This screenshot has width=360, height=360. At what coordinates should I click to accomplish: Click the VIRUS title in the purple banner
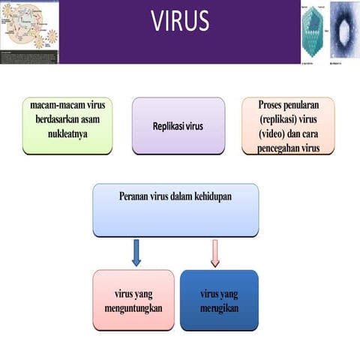(179, 21)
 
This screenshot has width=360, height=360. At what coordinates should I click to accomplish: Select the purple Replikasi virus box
(178, 125)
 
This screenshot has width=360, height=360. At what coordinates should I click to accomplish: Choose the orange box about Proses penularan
(288, 125)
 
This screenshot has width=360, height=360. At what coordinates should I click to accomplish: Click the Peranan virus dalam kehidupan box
(175, 210)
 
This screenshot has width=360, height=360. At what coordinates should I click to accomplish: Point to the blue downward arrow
(136, 253)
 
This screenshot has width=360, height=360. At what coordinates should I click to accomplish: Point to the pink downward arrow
(215, 253)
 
